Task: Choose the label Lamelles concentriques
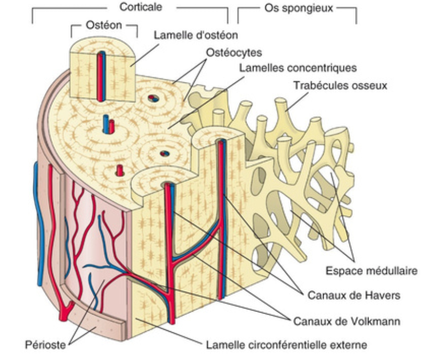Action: point(298,68)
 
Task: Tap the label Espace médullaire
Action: point(371,271)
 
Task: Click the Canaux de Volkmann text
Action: point(350,320)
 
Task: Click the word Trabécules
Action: point(319,86)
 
